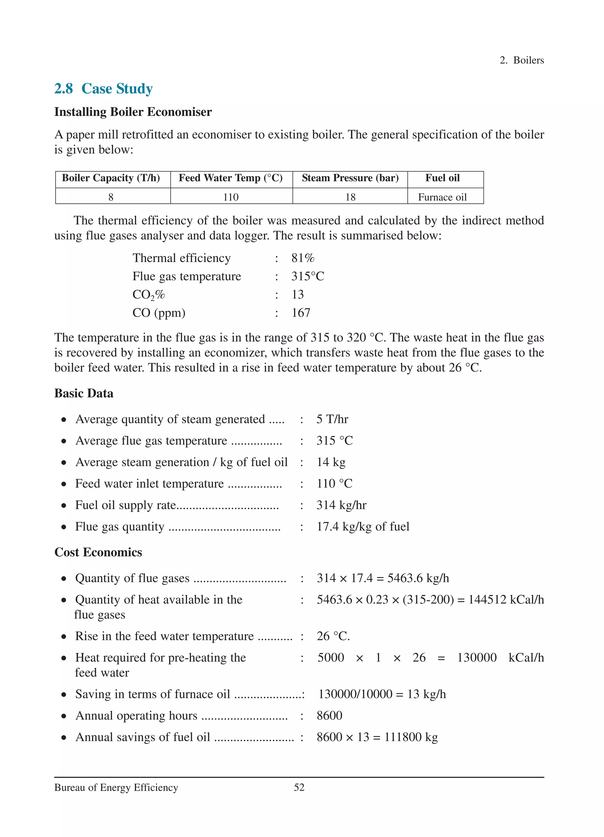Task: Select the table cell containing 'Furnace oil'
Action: pos(442,197)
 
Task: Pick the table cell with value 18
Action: pos(350,197)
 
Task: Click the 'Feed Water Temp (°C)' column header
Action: pos(231,178)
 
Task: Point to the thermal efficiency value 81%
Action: pos(303,258)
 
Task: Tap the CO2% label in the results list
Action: pos(148,294)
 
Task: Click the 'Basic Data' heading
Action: pos(84,393)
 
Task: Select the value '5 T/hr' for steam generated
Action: pos(332,419)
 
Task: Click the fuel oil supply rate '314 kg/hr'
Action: pos(341,505)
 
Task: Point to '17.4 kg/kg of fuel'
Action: pos(363,526)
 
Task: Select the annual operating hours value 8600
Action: pos(329,715)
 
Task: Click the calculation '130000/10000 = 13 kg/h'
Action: pos(382,694)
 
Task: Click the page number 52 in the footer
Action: pos(299,787)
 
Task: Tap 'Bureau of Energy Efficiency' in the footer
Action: pos(116,787)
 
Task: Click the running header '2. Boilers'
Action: pos(521,60)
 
